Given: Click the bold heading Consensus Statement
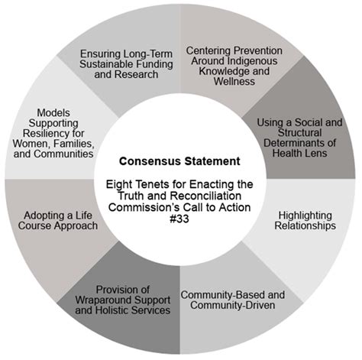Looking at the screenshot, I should click(179, 161).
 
